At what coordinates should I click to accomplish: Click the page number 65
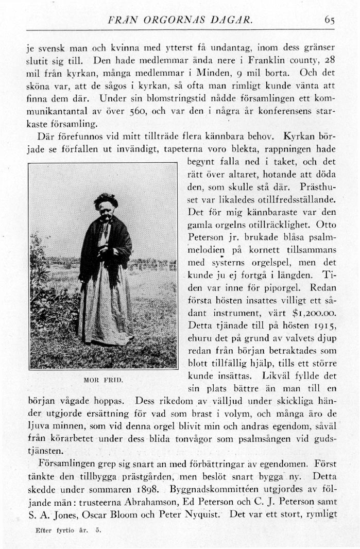[330, 21]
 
